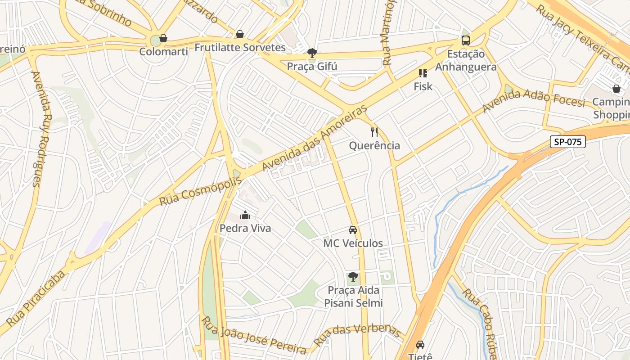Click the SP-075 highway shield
pyautogui.click(x=568, y=142)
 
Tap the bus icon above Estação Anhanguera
pyautogui.click(x=466, y=40)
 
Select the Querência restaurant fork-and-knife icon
pyautogui.click(x=374, y=132)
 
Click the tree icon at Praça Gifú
pyautogui.click(x=312, y=54)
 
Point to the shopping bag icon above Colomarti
pyautogui.click(x=163, y=38)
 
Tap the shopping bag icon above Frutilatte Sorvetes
pyautogui.click(x=240, y=34)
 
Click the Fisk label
pyautogui.click(x=423, y=86)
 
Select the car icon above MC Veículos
pyautogui.click(x=353, y=230)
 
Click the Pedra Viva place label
pyautogui.click(x=245, y=228)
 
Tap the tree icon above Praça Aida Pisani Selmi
pyautogui.click(x=353, y=277)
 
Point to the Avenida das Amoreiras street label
pyautogui.click(x=315, y=138)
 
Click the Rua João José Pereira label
pyautogui.click(x=254, y=335)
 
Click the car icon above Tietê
pyautogui.click(x=420, y=345)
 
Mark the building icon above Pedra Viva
pyautogui.click(x=245, y=215)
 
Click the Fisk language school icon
pyautogui.click(x=423, y=73)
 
